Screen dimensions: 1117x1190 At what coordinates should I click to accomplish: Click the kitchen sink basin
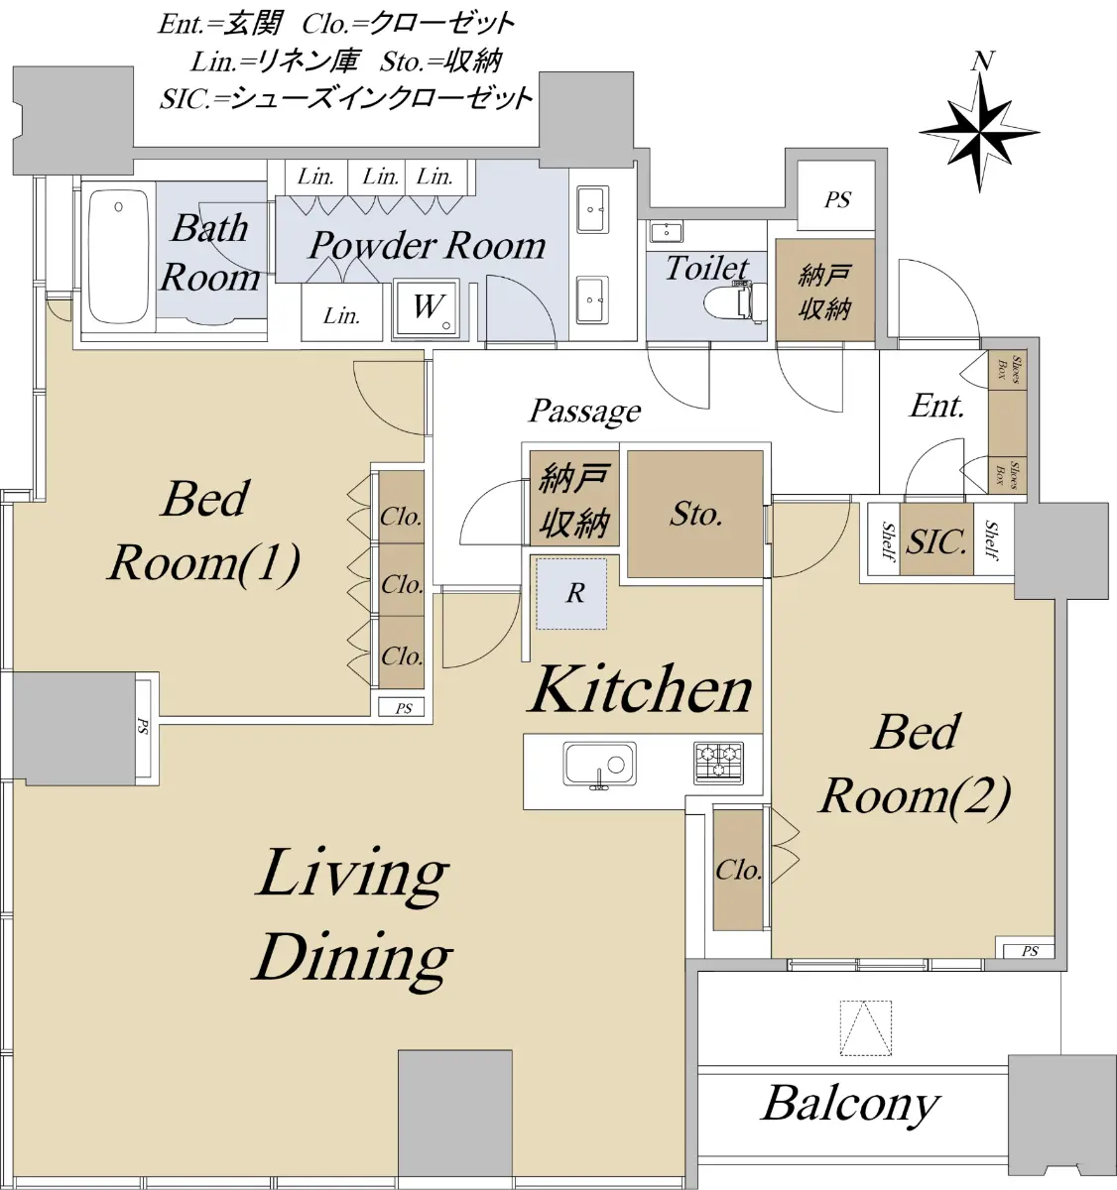pos(599,763)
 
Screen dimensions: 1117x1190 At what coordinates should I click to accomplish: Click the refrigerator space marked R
pos(571,593)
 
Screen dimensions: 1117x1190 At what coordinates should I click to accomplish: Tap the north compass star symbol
pos(979,134)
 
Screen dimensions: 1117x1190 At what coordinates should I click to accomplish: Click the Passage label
pos(584,412)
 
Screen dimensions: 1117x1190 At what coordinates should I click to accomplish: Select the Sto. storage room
pos(695,514)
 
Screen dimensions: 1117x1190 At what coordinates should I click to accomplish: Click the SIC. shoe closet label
pos(935,541)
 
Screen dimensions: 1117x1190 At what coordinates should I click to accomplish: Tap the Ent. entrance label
pos(936,407)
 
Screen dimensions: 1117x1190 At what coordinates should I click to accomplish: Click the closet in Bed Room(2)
pos(738,869)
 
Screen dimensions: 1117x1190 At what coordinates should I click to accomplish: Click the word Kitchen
pos(639,689)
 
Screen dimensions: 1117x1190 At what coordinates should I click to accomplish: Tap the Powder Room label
pos(427,245)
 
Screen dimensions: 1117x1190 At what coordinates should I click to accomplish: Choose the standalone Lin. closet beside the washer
pos(342,311)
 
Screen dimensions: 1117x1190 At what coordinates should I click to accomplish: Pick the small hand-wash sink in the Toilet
pos(665,231)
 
